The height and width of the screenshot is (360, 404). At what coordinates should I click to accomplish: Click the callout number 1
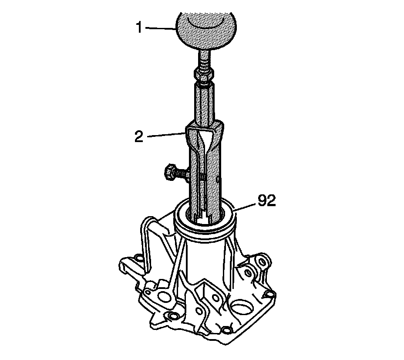tap(139, 27)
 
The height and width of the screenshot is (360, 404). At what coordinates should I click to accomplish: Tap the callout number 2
tap(139, 137)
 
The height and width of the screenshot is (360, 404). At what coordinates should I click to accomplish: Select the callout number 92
tap(267, 200)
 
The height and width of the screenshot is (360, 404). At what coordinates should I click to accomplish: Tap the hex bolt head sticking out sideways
tap(171, 172)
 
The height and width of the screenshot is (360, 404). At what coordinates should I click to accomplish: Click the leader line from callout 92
tap(246, 207)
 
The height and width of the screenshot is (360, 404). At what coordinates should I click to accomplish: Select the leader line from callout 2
tap(167, 135)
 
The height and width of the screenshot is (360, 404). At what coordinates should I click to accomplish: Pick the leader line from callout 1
tap(160, 28)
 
